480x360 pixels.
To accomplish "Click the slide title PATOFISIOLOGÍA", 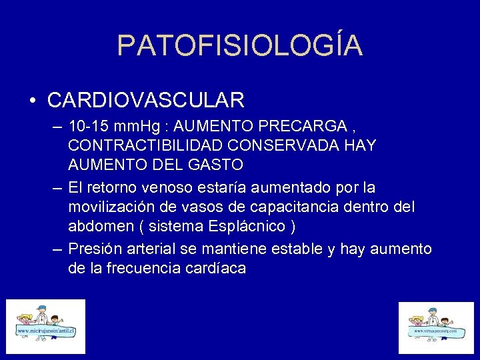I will [x=240, y=45].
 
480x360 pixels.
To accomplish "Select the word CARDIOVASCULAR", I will [x=146, y=100].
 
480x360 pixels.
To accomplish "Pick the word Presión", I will [x=95, y=249].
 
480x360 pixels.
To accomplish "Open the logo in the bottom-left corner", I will [x=46, y=327].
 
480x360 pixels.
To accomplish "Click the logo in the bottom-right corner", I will [x=435, y=329].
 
